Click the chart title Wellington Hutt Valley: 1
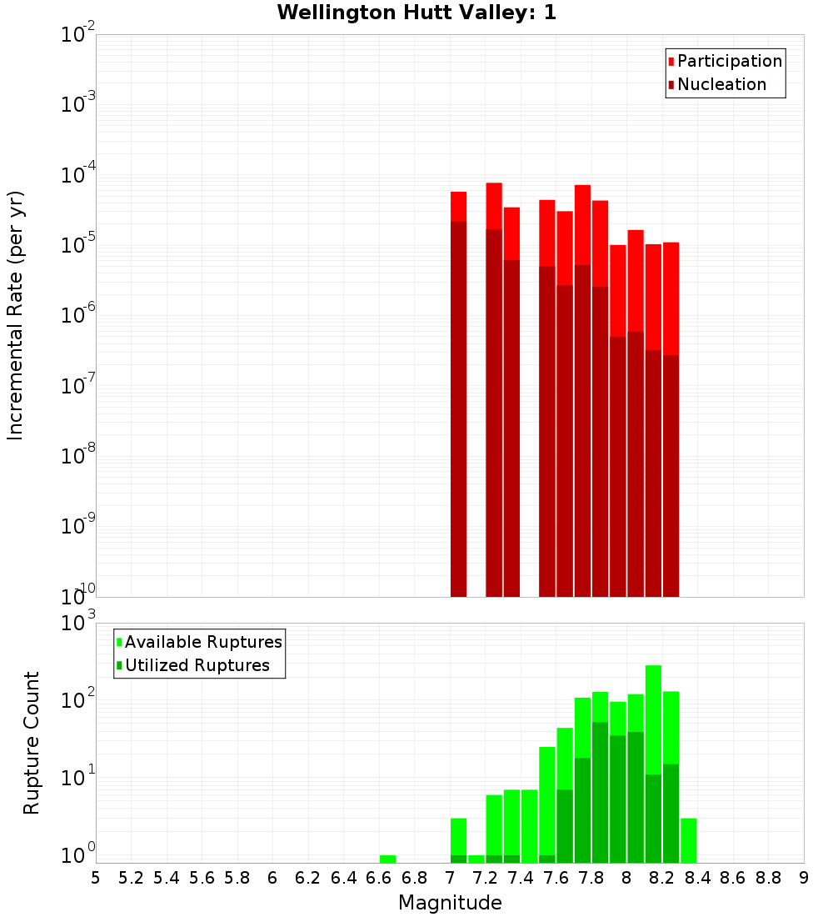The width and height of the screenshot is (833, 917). [x=416, y=13]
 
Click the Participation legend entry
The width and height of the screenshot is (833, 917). [x=729, y=61]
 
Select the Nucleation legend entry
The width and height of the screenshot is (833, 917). [x=721, y=84]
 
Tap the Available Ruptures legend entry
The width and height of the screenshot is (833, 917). [x=202, y=642]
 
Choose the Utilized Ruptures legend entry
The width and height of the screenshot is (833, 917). [x=197, y=665]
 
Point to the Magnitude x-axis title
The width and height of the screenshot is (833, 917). [x=450, y=903]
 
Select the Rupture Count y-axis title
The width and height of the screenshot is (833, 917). [x=32, y=742]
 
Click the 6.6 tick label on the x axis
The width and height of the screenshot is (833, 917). [x=379, y=878]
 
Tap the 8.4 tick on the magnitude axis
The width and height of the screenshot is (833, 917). [x=698, y=878]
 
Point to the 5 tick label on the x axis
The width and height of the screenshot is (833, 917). [x=96, y=878]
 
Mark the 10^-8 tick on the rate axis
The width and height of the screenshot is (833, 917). [x=78, y=456]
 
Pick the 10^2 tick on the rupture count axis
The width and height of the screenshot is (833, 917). [x=78, y=700]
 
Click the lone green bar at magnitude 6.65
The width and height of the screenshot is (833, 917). [x=387, y=859]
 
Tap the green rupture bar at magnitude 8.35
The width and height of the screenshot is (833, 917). [x=688, y=840]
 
